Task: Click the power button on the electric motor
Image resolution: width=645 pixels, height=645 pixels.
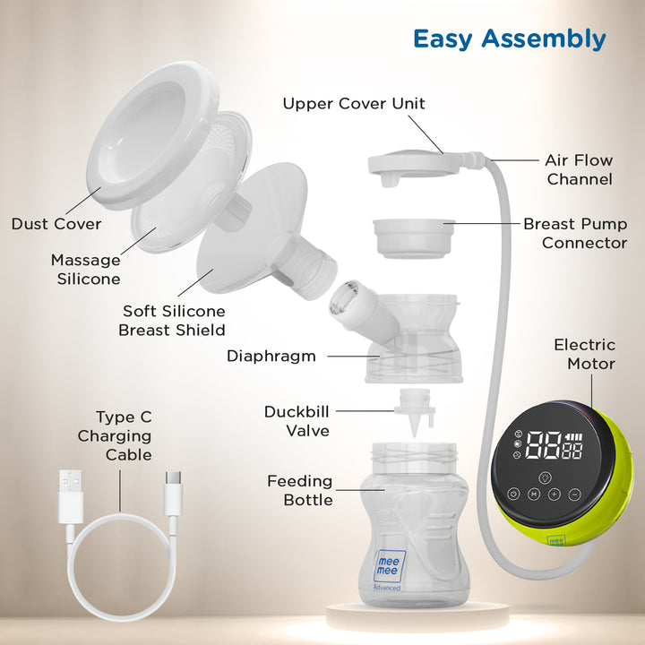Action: click(513, 494)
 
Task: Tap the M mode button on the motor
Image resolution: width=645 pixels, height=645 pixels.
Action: click(534, 494)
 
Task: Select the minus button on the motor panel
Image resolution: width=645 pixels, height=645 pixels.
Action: click(574, 494)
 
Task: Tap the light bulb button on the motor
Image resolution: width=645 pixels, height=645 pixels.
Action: click(545, 477)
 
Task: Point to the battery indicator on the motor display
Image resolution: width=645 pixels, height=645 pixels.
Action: click(574, 437)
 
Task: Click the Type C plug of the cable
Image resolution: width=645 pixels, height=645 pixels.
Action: click(173, 493)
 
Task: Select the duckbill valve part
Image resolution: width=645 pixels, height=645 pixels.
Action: click(415, 412)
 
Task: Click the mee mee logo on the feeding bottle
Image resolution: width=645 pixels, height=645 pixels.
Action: click(389, 566)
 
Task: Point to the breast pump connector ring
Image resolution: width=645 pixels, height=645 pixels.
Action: click(413, 238)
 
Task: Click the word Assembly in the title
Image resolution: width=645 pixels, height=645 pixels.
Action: click(544, 40)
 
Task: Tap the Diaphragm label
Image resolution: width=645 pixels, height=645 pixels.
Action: click(271, 357)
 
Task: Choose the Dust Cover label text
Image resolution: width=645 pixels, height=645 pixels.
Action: click(56, 224)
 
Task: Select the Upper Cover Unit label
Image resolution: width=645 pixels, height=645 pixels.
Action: click(354, 104)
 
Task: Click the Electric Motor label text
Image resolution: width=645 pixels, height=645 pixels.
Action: click(585, 354)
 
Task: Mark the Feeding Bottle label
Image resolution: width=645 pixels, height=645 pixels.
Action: click(300, 490)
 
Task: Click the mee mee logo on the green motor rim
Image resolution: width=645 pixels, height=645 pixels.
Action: click(555, 540)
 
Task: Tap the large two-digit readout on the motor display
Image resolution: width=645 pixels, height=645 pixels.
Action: click(545, 445)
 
